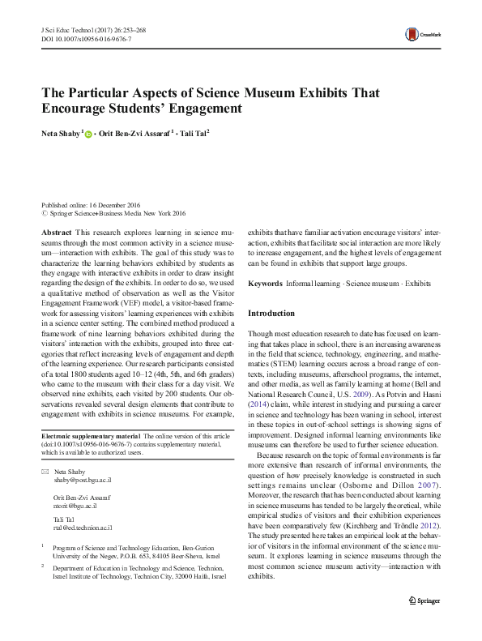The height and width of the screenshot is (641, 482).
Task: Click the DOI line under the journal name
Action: (85, 39)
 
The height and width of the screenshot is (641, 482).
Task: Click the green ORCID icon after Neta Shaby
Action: (87, 133)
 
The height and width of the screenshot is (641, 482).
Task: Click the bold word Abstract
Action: (56, 231)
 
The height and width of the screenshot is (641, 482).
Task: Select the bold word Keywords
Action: (265, 284)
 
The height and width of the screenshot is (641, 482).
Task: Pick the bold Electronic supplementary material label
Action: (90, 436)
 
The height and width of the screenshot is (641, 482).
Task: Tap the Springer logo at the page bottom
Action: (424, 623)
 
